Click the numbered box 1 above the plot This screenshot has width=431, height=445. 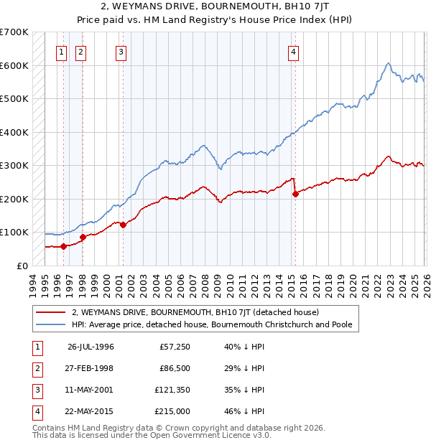(62, 51)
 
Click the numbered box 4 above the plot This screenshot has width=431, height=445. (294, 51)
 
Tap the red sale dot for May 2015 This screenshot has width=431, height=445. (295, 194)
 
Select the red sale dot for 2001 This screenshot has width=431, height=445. (123, 225)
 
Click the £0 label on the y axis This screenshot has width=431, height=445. (22, 266)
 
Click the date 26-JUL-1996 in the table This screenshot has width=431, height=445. (91, 347)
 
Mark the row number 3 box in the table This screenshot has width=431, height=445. (37, 390)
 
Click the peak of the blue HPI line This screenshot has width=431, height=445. (388, 63)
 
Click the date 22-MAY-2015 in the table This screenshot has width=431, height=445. (91, 411)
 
